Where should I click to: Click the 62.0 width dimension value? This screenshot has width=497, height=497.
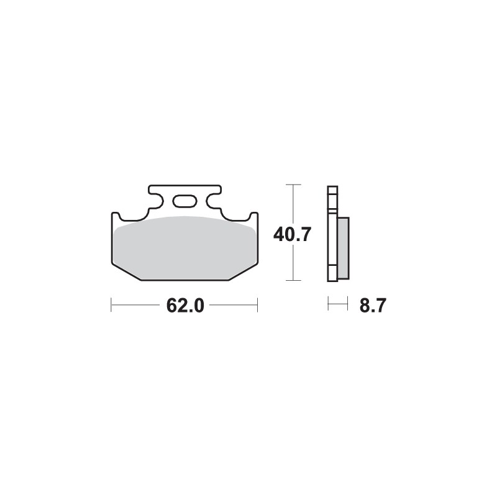click(185, 306)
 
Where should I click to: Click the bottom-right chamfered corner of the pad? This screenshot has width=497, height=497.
click(242, 271)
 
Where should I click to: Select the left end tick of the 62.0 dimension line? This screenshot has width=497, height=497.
click(111, 305)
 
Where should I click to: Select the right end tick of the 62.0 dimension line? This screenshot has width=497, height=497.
click(257, 305)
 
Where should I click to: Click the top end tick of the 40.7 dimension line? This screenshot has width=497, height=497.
click(293, 185)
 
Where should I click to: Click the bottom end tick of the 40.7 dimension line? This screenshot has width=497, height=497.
click(293, 281)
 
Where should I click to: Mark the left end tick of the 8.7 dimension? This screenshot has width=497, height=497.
click(328, 304)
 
